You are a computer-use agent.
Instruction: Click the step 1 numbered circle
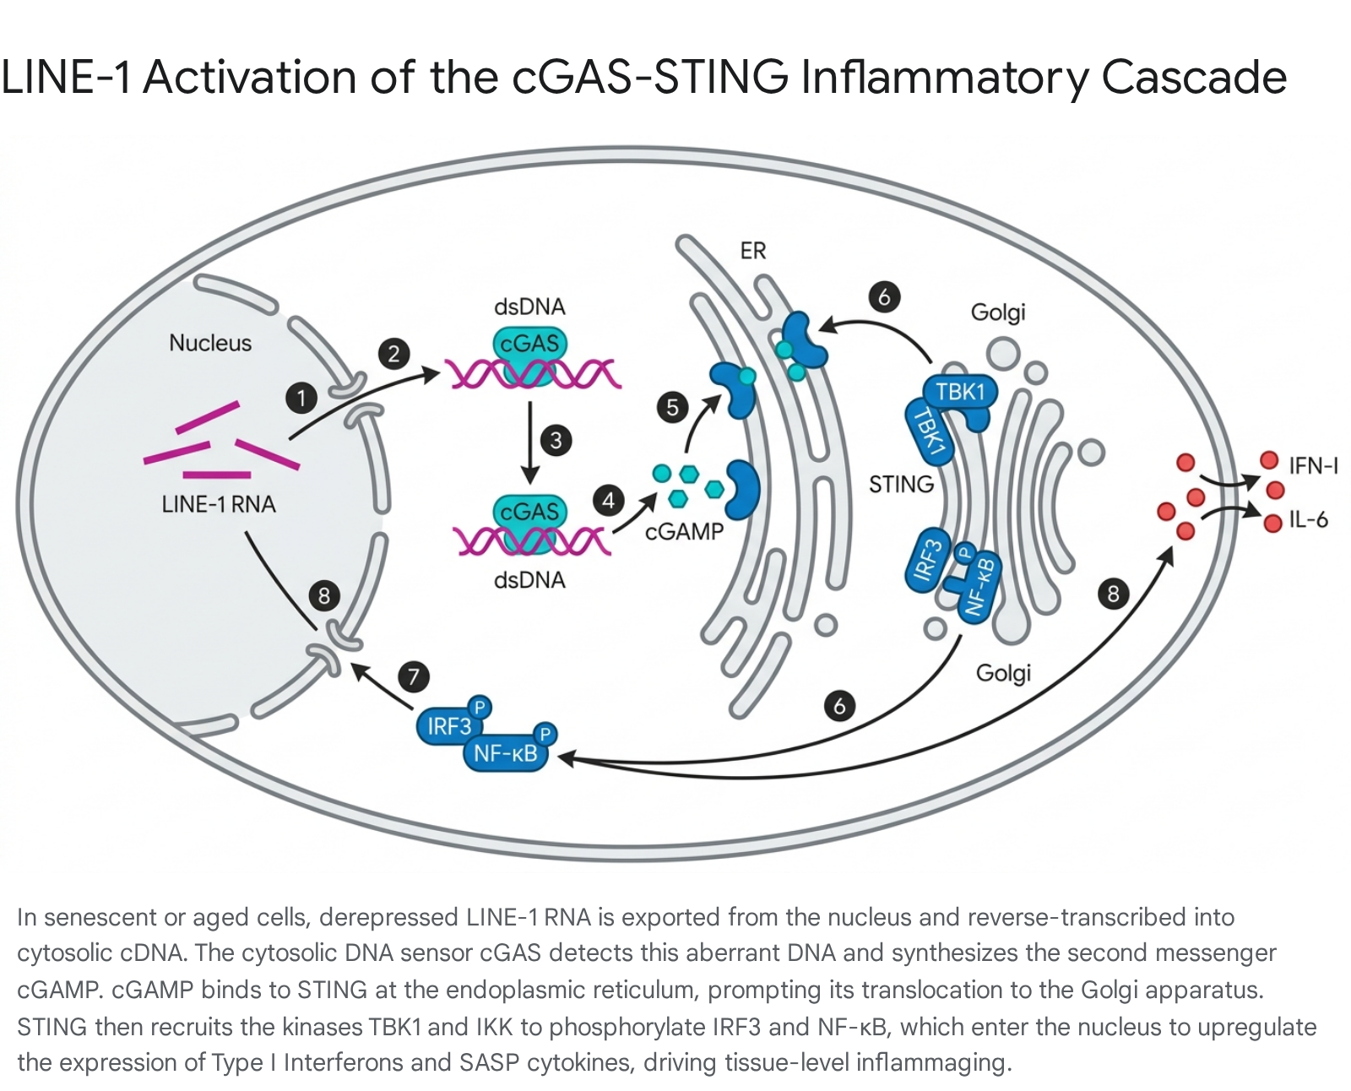pos(301,398)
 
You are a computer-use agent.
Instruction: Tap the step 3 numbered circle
pos(556,440)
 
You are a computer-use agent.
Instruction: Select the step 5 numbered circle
pos(673,408)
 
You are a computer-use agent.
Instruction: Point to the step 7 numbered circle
pos(414,676)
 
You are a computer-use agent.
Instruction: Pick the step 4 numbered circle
pos(609,501)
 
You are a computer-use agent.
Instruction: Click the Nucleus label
pos(210,343)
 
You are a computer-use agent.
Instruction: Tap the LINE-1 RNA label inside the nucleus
pos(218,504)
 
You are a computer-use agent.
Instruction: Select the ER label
pos(753,251)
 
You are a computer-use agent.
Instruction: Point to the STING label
pos(901,485)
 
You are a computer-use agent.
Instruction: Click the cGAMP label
pos(685,531)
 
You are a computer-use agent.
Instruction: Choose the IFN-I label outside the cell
pos(1314,466)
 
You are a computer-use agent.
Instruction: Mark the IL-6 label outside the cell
pos(1309,520)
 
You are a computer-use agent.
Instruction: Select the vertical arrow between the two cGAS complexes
pos(529,442)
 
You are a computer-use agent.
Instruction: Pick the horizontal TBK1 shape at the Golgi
pos(960,392)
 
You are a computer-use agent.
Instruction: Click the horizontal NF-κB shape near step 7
pos(506,753)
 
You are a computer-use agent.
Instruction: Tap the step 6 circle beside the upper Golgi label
pos(884,297)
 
